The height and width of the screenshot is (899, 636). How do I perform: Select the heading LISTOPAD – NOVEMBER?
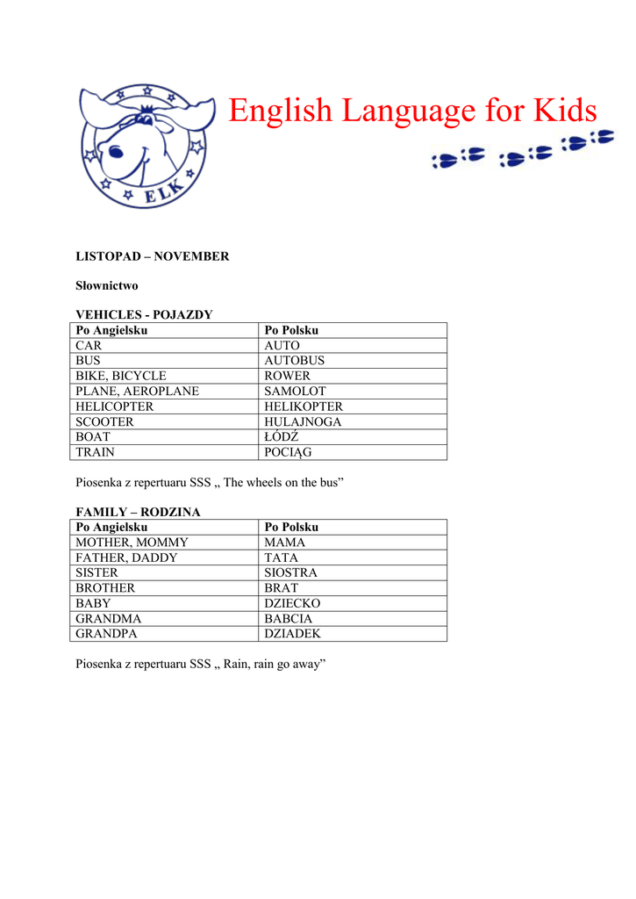[152, 256]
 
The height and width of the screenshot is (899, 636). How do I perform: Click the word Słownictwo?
[106, 285]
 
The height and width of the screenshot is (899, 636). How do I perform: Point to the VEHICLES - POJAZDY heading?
[144, 314]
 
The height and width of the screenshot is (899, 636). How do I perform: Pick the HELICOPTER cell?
[114, 406]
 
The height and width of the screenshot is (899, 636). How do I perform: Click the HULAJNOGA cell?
[303, 421]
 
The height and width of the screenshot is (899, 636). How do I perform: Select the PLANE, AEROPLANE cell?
[137, 391]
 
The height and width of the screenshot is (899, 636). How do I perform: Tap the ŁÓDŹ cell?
[282, 437]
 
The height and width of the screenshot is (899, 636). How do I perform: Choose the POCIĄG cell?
[288, 452]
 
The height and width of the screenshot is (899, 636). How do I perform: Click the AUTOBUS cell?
[294, 360]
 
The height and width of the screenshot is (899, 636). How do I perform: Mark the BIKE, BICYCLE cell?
[120, 376]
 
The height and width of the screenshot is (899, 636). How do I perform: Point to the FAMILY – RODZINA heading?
[138, 511]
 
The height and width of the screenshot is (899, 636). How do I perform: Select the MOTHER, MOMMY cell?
[132, 542]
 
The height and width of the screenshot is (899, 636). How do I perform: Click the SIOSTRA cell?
[290, 572]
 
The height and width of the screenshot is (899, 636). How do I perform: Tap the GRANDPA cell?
[106, 633]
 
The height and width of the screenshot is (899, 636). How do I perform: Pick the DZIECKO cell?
[292, 603]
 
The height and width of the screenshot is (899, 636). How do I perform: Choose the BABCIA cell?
[288, 618]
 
